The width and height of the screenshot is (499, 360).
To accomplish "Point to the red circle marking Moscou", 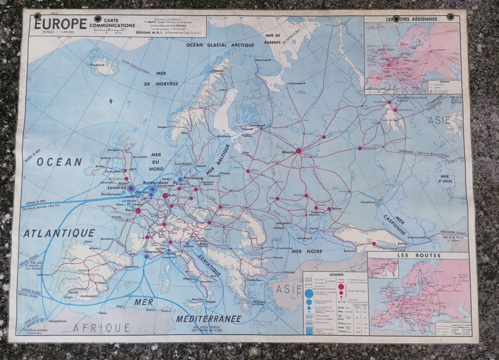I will pos(299,151).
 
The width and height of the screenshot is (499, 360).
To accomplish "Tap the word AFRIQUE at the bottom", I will pos(101,328).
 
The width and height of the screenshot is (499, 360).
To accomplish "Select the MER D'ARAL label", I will pos(448,179).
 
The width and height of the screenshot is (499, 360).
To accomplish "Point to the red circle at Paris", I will pos(138,211).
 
